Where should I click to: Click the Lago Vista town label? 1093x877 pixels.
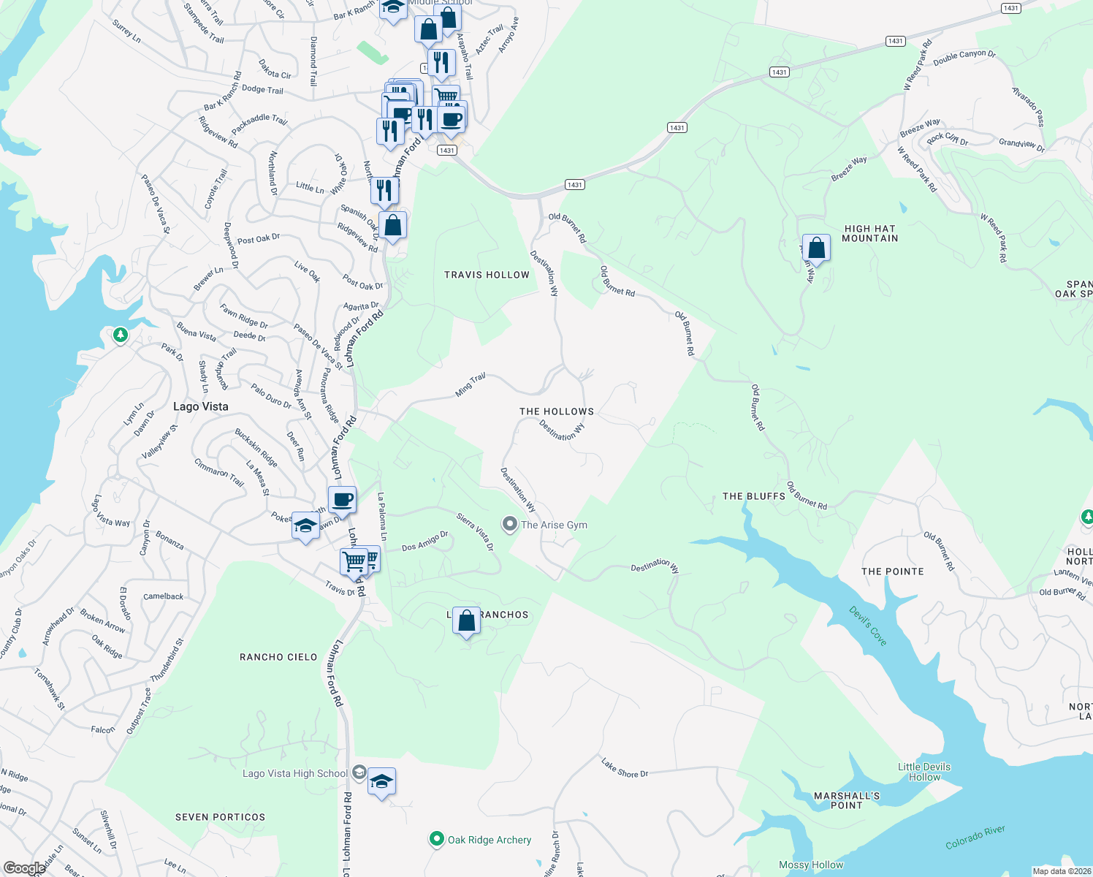tap(201, 406)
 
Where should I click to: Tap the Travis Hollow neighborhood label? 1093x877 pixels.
tap(487, 275)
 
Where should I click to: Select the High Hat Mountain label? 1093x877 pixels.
tap(869, 233)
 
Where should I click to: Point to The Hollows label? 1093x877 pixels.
tap(557, 411)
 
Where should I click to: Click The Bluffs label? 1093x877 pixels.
tap(754, 496)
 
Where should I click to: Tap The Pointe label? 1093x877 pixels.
tap(892, 572)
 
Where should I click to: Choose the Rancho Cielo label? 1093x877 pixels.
tap(278, 657)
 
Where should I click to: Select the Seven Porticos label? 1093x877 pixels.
tap(221, 817)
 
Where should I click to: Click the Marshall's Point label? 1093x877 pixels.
tap(847, 800)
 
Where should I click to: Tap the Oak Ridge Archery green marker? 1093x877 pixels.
tap(436, 839)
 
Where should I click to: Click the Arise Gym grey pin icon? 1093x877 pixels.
tap(509, 524)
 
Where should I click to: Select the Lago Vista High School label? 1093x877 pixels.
tap(295, 773)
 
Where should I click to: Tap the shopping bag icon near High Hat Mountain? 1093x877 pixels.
tap(816, 248)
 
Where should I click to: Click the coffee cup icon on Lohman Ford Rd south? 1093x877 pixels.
tap(342, 501)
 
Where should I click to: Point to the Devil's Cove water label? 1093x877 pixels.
tap(868, 626)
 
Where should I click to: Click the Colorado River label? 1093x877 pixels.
tap(975, 838)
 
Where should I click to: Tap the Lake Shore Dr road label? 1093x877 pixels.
tap(625, 767)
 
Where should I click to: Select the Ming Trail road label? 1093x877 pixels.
tap(471, 385)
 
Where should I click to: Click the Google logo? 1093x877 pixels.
tap(24, 867)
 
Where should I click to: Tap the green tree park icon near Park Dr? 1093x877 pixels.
tap(121, 335)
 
